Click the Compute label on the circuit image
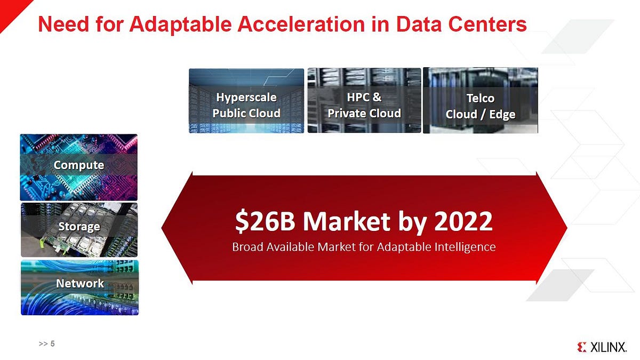(79, 165)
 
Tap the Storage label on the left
(79, 227)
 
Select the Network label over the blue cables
(80, 283)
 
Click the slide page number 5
(52, 344)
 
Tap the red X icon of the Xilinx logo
(581, 347)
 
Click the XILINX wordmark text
(608, 347)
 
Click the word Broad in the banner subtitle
(246, 247)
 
